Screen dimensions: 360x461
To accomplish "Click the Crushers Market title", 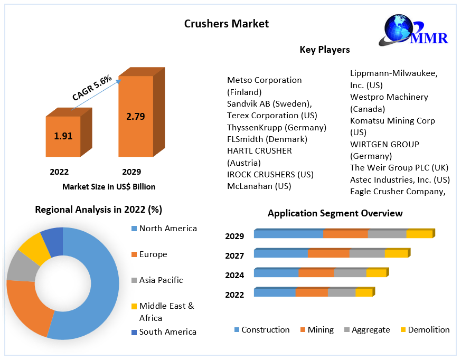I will point(226,24).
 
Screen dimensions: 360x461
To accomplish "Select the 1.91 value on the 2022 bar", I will point(63,136).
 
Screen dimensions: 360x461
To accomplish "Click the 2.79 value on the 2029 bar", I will point(135,117).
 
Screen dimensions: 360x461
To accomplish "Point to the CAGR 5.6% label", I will point(92,88).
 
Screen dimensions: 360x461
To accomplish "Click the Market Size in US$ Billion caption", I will point(109,186).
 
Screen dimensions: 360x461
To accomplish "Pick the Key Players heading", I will point(324,50).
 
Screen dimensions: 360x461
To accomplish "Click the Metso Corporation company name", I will point(264,80).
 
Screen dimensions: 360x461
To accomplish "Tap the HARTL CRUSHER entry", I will point(259,151).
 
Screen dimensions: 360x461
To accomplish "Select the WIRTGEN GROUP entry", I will point(384,144).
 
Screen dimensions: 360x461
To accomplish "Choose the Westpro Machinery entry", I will point(389,97).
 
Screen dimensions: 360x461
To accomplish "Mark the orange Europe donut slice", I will point(29,306).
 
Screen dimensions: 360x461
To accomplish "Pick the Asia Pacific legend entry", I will point(161,280).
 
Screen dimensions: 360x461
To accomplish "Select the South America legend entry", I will point(167,331).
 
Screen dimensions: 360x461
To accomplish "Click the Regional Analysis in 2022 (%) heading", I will point(98,210).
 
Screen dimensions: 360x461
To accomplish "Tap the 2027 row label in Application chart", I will point(234,256).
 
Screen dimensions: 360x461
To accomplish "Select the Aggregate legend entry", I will point(370,330).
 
